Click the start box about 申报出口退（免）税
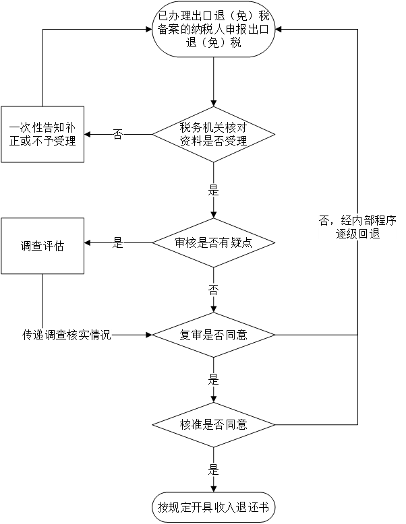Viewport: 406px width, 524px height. (x=213, y=30)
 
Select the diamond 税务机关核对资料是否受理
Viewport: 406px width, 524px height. (x=213, y=134)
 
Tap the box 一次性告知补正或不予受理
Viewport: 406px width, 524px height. (x=42, y=134)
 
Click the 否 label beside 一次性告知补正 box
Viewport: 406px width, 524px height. (x=118, y=134)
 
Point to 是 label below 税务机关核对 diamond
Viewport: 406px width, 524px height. (x=213, y=191)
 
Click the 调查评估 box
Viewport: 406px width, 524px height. (x=42, y=246)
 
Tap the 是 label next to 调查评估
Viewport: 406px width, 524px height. (x=118, y=243)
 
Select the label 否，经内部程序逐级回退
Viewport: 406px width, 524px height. (x=357, y=227)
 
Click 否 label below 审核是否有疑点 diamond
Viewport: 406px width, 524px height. (x=213, y=290)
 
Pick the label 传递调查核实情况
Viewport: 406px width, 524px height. (x=66, y=335)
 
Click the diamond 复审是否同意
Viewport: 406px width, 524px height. (x=213, y=335)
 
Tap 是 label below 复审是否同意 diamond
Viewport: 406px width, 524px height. (x=213, y=380)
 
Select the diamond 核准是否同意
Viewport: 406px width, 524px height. (x=213, y=425)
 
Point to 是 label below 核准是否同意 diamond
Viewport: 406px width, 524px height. (x=213, y=470)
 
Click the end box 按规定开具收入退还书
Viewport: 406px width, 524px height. (x=213, y=506)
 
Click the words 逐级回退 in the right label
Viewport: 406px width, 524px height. (x=357, y=234)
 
